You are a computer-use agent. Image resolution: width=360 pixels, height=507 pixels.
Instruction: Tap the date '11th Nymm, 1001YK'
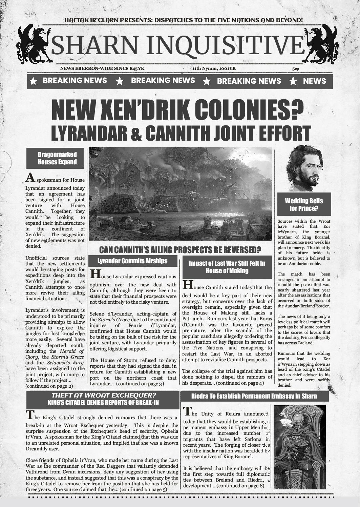[214, 68]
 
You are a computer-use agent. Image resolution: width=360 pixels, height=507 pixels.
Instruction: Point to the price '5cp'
[295, 69]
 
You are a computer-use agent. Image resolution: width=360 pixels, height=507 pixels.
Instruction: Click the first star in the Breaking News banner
[33, 81]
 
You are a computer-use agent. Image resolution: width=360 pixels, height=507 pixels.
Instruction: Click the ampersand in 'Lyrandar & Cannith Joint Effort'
[136, 133]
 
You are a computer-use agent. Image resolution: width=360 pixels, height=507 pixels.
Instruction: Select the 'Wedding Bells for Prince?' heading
[304, 205]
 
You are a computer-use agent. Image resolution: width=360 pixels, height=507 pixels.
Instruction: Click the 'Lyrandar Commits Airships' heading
[132, 261]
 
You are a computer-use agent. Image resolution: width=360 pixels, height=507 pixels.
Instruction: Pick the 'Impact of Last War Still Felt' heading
[227, 267]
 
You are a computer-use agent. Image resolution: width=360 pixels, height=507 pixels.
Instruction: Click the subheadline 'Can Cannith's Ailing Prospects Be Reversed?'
[180, 250]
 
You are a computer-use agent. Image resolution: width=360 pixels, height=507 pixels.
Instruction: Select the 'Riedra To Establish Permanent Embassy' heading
[254, 396]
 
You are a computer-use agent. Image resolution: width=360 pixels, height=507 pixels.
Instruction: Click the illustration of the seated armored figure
[299, 447]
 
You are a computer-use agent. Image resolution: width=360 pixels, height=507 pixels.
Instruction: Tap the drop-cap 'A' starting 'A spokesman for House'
[30, 178]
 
